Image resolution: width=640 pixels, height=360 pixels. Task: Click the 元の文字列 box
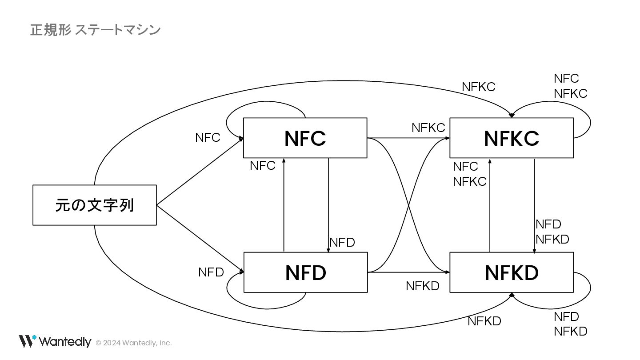[x=95, y=205]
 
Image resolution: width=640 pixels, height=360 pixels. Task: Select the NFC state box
[x=305, y=138]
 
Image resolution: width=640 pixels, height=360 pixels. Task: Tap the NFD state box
[x=305, y=272]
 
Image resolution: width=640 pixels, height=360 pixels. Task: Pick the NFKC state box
[x=511, y=138]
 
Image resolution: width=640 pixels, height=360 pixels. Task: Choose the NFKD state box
[x=511, y=272]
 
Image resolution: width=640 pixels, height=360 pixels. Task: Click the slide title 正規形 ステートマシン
[x=95, y=30]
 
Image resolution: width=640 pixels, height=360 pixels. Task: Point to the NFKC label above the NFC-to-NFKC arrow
[x=428, y=128]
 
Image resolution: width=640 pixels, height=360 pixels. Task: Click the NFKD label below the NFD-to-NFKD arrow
[x=422, y=286]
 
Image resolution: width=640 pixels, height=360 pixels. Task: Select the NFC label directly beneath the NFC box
[x=262, y=166]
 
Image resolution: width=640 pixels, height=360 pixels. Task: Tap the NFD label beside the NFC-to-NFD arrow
[x=342, y=243]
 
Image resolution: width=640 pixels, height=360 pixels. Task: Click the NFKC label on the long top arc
[x=478, y=87]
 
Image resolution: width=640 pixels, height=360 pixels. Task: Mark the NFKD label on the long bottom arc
[x=484, y=321]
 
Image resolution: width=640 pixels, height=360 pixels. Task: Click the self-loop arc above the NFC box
[x=267, y=105]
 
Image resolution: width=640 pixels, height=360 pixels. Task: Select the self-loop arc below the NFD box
[x=267, y=307]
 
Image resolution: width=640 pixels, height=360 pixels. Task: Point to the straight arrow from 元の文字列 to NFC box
[x=200, y=172]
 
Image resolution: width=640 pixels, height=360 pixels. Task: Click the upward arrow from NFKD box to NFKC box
[x=490, y=204]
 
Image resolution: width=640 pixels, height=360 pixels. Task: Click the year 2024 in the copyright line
[x=112, y=343]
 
